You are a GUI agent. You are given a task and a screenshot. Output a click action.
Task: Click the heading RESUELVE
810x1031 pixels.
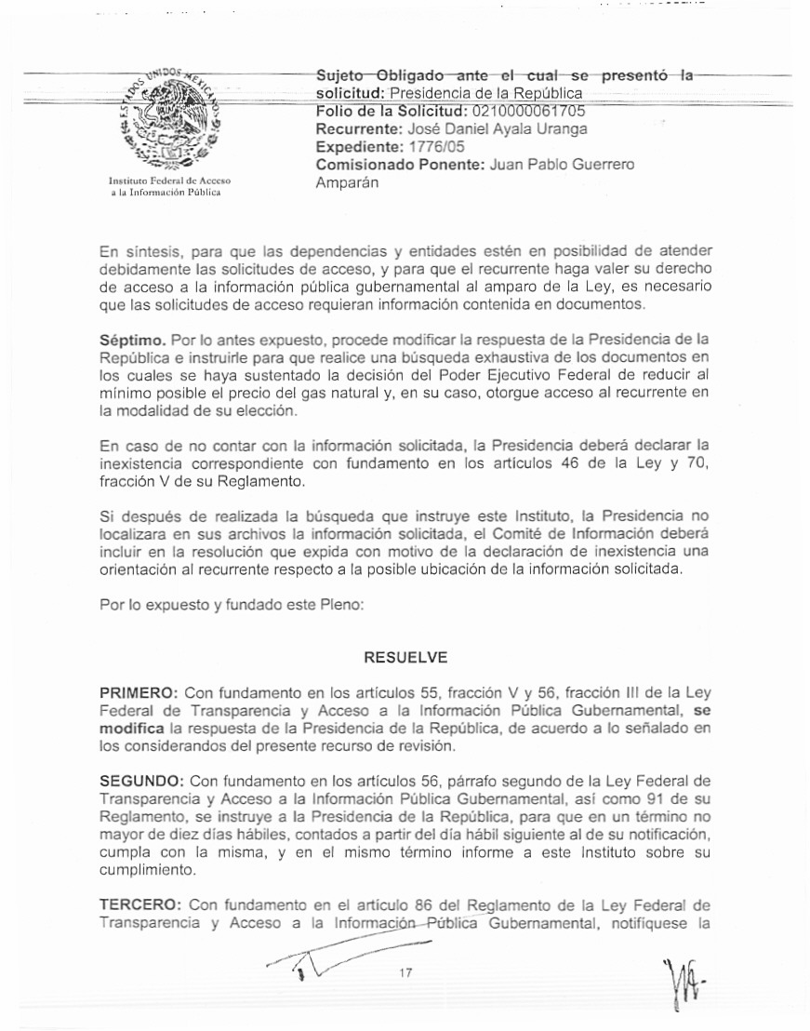405,657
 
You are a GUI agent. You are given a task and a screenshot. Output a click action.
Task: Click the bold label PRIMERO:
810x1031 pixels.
139,692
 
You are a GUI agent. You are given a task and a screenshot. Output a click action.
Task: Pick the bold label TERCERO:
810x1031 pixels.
141,904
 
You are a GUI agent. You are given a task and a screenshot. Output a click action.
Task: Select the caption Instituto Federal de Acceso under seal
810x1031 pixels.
169,180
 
